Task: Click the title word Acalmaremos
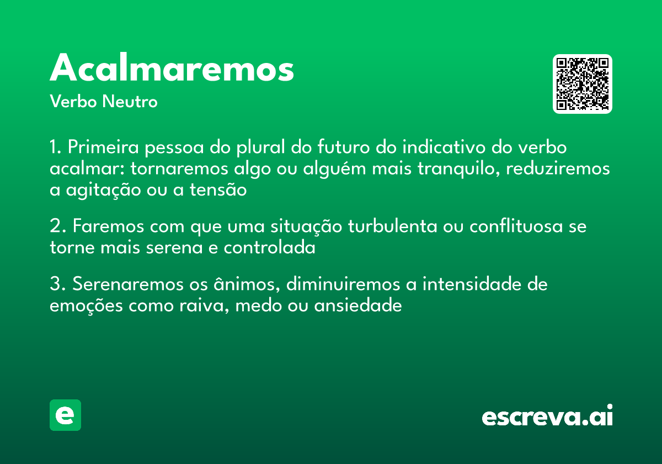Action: tap(172, 68)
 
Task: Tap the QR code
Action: tap(583, 84)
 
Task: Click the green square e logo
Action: tap(65, 415)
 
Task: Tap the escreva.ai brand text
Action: tap(547, 416)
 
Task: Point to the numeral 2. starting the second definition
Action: tap(57, 227)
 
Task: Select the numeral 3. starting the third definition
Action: tap(57, 284)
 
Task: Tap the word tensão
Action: tap(218, 190)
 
